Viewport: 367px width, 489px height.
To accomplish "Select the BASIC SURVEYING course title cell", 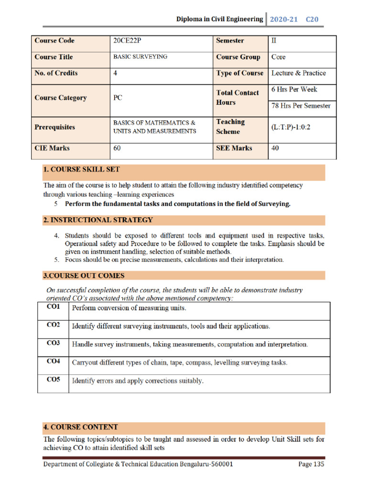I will pos(140,57).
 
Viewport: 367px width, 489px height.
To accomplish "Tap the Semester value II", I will pos(274,41).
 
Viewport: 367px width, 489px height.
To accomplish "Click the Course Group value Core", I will pos(278,57).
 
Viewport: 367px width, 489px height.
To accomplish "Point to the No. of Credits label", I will pos(56,73).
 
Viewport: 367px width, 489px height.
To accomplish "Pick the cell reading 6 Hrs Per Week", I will pos(294,89).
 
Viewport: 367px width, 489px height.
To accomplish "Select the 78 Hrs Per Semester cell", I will pos(301,106).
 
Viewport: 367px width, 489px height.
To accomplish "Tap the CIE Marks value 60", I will pos(117,148).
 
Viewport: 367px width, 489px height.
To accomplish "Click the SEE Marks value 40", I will pos(275,148).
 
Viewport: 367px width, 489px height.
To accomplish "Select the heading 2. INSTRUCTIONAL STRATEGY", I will pos(98,220).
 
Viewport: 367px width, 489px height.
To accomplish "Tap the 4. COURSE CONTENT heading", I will pos(80,427).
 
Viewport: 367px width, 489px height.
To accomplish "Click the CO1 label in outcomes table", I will pos(54,307).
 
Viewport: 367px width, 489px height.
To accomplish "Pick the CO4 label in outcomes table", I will pos(54,361).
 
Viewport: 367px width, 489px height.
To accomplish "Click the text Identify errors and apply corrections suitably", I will pos(138,381).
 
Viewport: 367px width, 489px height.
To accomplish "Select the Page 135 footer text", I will pos(311,464).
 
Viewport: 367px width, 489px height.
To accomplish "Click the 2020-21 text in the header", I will pos(283,20).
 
